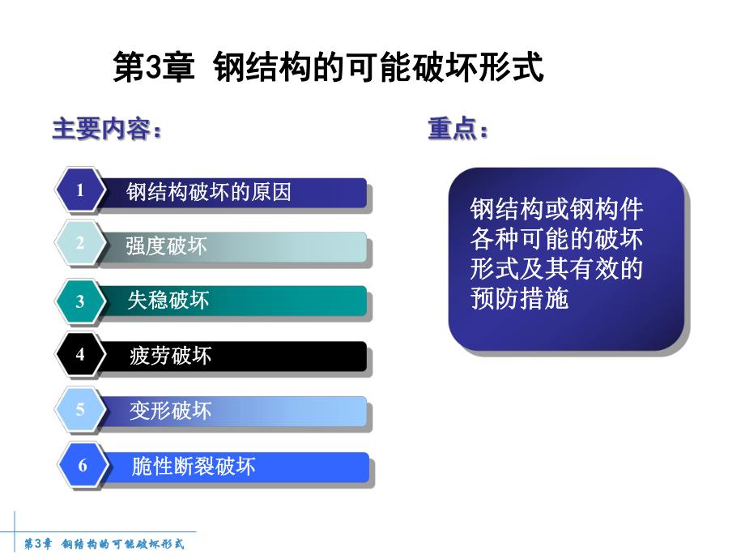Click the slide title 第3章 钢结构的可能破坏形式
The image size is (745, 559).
click(x=327, y=69)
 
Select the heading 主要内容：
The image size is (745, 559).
click(x=107, y=130)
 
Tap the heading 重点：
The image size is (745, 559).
click(x=458, y=130)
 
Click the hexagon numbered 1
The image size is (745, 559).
click(x=80, y=191)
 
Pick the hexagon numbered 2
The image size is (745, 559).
click(x=80, y=243)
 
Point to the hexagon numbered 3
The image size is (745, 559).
click(x=80, y=301)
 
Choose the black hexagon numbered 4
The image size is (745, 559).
click(x=80, y=355)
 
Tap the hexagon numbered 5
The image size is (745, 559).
click(x=80, y=410)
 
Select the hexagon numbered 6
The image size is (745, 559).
click(x=82, y=466)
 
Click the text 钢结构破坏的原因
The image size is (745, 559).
click(x=208, y=192)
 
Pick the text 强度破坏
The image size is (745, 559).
click(x=166, y=246)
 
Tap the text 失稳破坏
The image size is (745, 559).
click(x=168, y=301)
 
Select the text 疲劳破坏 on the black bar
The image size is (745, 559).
click(x=170, y=356)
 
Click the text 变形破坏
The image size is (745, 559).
click(x=170, y=411)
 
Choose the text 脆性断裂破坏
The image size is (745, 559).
click(x=193, y=466)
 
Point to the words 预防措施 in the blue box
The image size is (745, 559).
click(x=519, y=298)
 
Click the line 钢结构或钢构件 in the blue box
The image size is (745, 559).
click(x=556, y=210)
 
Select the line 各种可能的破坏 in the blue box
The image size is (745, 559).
click(x=556, y=240)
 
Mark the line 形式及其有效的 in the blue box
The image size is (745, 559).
click(x=556, y=269)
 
